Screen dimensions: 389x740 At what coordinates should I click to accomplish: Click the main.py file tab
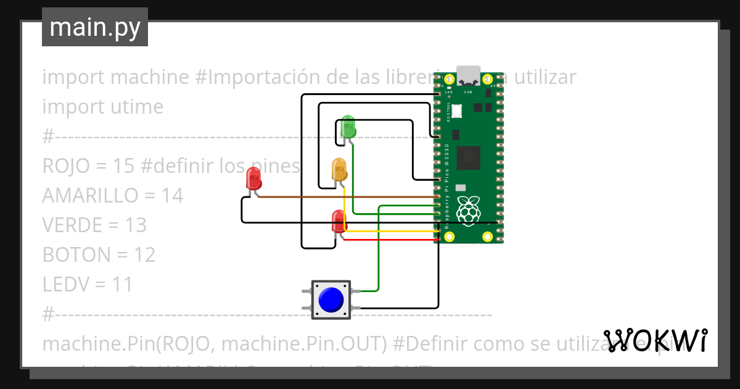pyautogui.click(x=95, y=27)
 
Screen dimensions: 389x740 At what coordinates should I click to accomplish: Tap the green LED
pyautogui.click(x=348, y=126)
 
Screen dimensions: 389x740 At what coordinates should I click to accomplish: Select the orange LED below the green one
pyautogui.click(x=339, y=169)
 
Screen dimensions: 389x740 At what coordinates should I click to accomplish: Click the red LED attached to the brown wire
pyautogui.click(x=253, y=178)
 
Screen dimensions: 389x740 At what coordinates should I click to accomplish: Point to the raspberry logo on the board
pyautogui.click(x=469, y=210)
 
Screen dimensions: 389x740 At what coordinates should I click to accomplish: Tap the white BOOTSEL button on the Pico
pyautogui.click(x=457, y=111)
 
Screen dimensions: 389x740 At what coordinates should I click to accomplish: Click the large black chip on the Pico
pyautogui.click(x=468, y=157)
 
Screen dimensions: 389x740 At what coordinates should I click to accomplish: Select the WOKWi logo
pyautogui.click(x=655, y=340)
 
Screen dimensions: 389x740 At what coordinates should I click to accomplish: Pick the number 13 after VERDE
pyautogui.click(x=135, y=225)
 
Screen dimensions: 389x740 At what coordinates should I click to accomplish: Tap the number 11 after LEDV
pyautogui.click(x=123, y=285)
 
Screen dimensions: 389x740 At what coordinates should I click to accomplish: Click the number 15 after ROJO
pyautogui.click(x=124, y=166)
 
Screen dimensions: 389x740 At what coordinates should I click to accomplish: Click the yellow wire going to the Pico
pyautogui.click(x=395, y=232)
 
